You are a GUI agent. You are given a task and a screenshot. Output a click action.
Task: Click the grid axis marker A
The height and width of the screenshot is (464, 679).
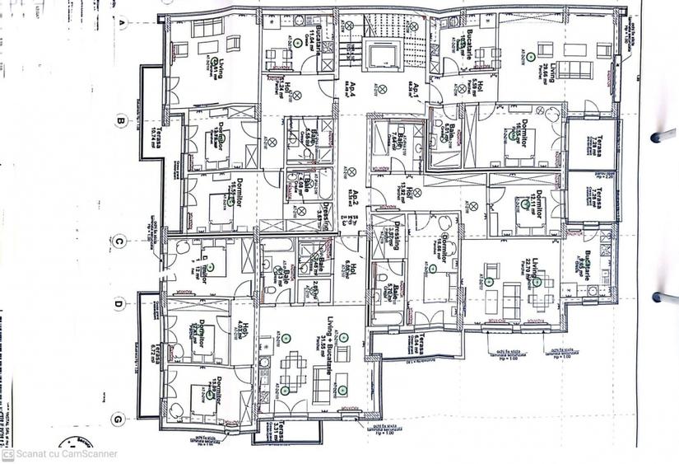(120, 22)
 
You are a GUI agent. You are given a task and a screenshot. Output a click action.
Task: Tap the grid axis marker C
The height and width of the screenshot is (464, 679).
(119, 241)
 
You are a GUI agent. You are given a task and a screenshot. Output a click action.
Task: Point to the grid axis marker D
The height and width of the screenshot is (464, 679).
(119, 303)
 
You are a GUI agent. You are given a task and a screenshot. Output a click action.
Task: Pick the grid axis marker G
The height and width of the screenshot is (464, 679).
(119, 419)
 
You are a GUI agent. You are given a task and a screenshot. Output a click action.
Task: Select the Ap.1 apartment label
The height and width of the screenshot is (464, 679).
(418, 90)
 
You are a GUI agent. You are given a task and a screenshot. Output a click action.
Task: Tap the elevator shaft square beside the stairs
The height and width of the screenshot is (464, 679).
(383, 56)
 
